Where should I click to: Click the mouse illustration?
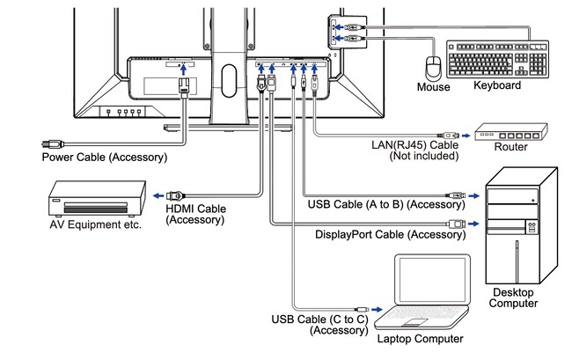(x=432, y=68)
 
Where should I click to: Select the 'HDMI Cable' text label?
(x=195, y=209)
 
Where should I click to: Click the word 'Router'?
(x=510, y=147)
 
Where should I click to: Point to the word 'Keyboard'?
(x=497, y=86)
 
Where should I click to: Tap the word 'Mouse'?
(x=433, y=87)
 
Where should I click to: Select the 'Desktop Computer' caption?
(x=515, y=298)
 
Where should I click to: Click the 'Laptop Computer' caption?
(x=420, y=339)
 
